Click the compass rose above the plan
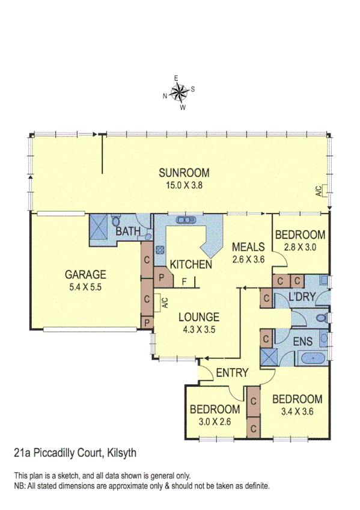click(x=179, y=92)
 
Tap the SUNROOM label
click(x=184, y=174)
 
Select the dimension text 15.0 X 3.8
click(x=184, y=186)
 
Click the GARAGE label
click(x=85, y=275)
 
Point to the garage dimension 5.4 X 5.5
click(x=85, y=287)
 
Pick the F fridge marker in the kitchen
click(x=185, y=280)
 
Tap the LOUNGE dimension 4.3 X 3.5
click(x=198, y=329)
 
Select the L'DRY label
click(x=299, y=297)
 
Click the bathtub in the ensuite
click(x=311, y=358)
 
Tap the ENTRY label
click(x=232, y=373)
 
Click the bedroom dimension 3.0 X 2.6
click(x=215, y=422)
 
